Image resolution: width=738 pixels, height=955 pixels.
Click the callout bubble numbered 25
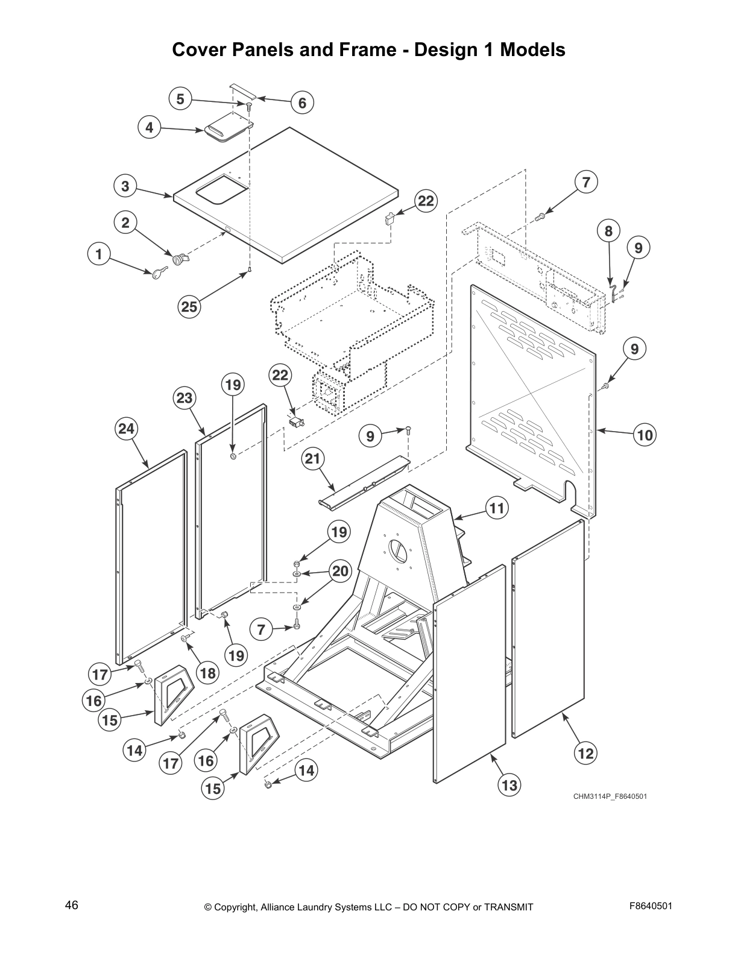(x=189, y=306)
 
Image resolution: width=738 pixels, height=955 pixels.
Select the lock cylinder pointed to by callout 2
(x=179, y=260)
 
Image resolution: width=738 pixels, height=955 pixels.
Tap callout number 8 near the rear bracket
(x=608, y=231)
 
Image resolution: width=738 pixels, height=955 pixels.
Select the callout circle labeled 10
(x=645, y=435)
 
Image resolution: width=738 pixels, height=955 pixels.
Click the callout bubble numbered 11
(x=496, y=508)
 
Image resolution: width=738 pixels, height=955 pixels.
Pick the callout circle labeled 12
(x=586, y=752)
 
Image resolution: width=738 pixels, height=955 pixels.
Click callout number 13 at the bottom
(x=509, y=785)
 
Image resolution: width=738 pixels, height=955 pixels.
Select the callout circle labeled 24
(x=127, y=429)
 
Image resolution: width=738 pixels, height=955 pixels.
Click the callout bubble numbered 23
(x=184, y=398)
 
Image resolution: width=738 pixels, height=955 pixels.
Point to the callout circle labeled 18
(x=208, y=673)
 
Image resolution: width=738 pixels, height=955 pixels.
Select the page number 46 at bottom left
(x=72, y=906)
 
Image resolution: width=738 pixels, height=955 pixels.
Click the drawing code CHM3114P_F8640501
(x=610, y=796)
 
